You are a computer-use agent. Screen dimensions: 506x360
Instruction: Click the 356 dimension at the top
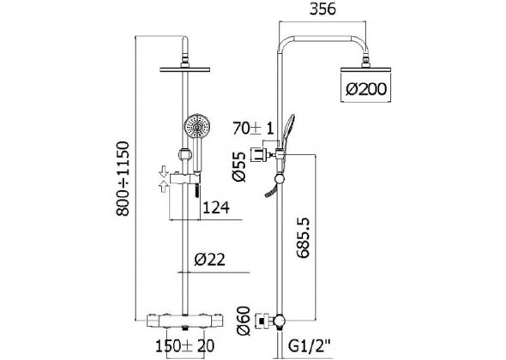[322, 9]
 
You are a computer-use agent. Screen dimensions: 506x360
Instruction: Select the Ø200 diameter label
[366, 89]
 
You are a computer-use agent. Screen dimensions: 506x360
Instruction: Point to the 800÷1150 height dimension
[123, 178]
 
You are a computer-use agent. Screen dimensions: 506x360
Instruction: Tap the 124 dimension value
[216, 207]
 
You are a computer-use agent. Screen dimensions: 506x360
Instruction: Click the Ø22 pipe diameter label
[209, 260]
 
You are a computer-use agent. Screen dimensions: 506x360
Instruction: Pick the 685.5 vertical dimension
[303, 238]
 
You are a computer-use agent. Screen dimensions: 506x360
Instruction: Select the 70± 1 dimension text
[253, 129]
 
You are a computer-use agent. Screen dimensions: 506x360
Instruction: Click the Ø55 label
[239, 167]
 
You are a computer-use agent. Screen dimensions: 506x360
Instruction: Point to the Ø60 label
[244, 321]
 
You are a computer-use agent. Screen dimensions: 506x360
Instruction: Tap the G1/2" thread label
[310, 346]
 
